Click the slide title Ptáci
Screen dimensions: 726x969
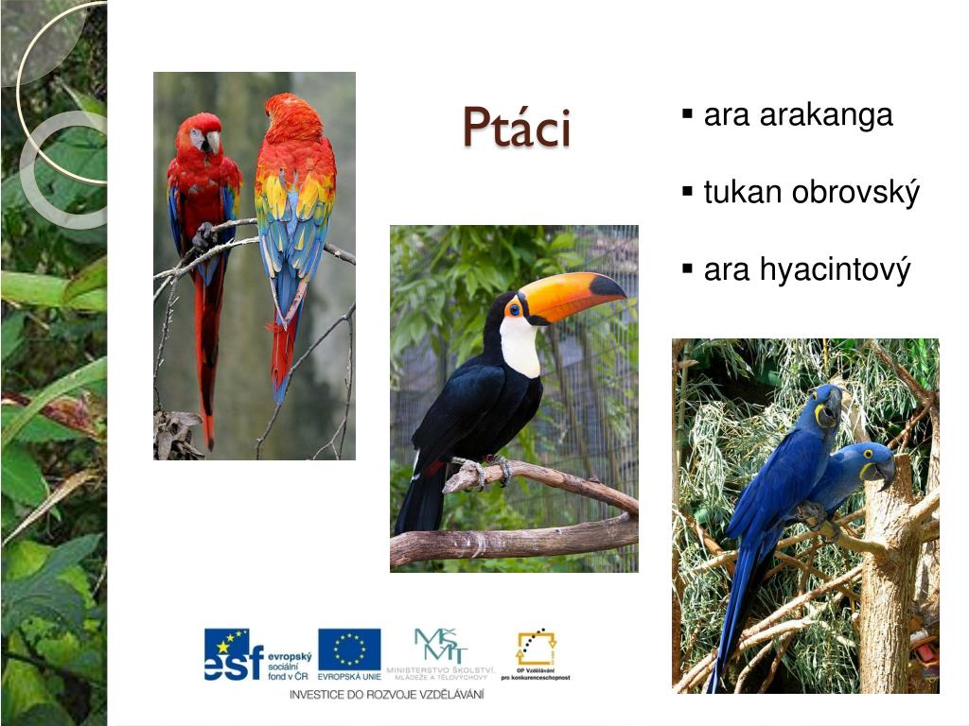click(x=517, y=128)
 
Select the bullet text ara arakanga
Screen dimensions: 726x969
click(x=798, y=115)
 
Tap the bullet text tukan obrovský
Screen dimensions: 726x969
click(x=811, y=193)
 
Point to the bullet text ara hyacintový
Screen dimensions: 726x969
click(x=806, y=270)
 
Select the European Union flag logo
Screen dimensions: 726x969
click(x=349, y=648)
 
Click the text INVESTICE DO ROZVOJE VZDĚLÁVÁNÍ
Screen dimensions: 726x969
click(x=386, y=695)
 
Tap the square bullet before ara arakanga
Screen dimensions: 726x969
click(x=688, y=115)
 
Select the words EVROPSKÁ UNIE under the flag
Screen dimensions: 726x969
click(x=349, y=677)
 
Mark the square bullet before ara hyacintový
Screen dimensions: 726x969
click(x=688, y=270)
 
